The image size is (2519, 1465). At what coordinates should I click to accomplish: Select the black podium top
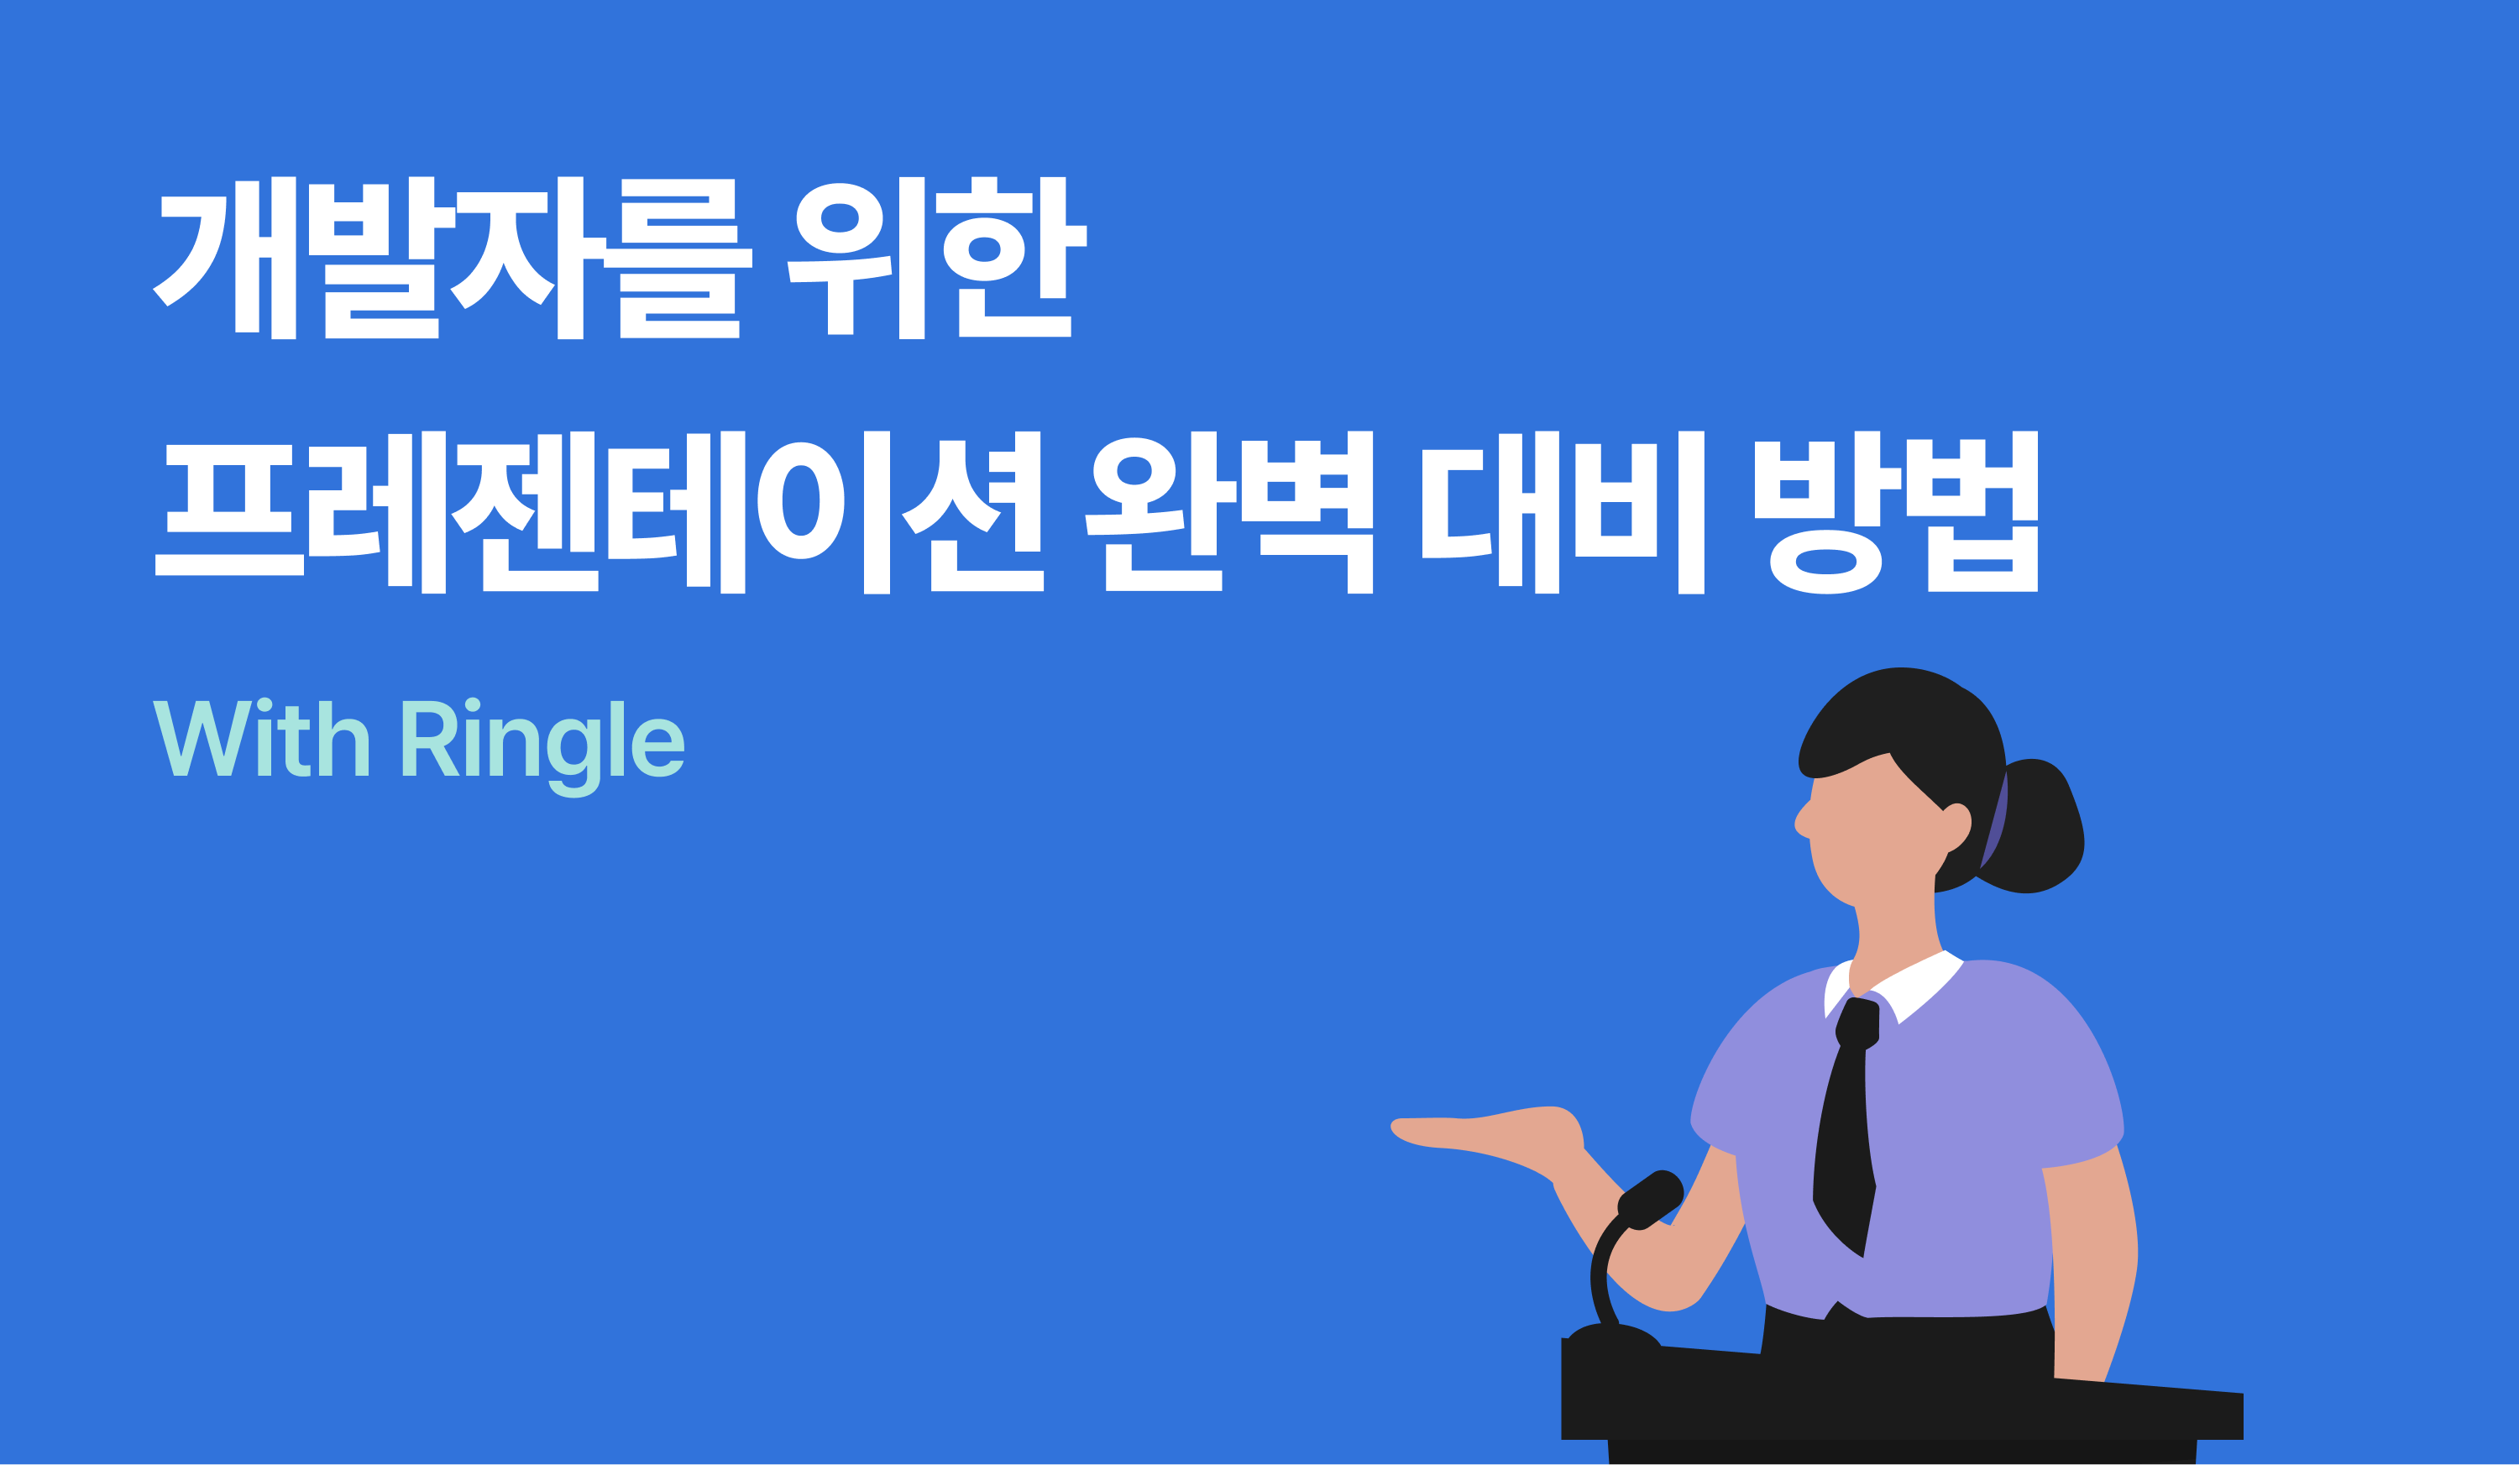pos(1899,1399)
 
